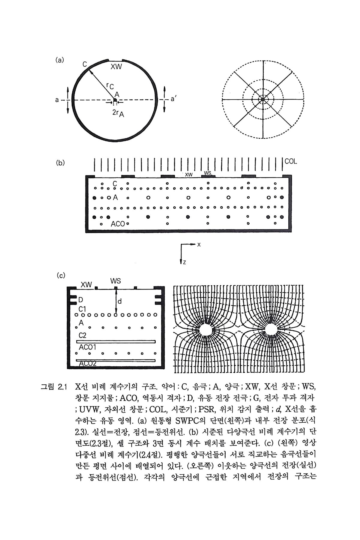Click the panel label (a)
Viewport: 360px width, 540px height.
(60, 60)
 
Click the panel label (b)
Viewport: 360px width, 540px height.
(60, 163)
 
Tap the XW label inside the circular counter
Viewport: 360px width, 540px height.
(116, 67)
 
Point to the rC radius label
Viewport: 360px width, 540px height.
(110, 86)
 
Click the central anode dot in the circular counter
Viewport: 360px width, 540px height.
(115, 100)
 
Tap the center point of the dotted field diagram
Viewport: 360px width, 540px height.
(263, 99)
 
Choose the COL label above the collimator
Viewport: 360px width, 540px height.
(291, 161)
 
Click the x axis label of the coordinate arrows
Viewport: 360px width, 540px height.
(199, 244)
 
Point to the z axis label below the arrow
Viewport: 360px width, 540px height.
(184, 262)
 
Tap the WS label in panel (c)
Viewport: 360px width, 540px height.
(115, 281)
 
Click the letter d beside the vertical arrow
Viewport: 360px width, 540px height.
(120, 301)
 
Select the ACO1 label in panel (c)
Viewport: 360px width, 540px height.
(87, 347)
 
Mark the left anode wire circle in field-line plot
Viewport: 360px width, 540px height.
(206, 329)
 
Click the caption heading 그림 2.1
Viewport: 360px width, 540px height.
(53, 386)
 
